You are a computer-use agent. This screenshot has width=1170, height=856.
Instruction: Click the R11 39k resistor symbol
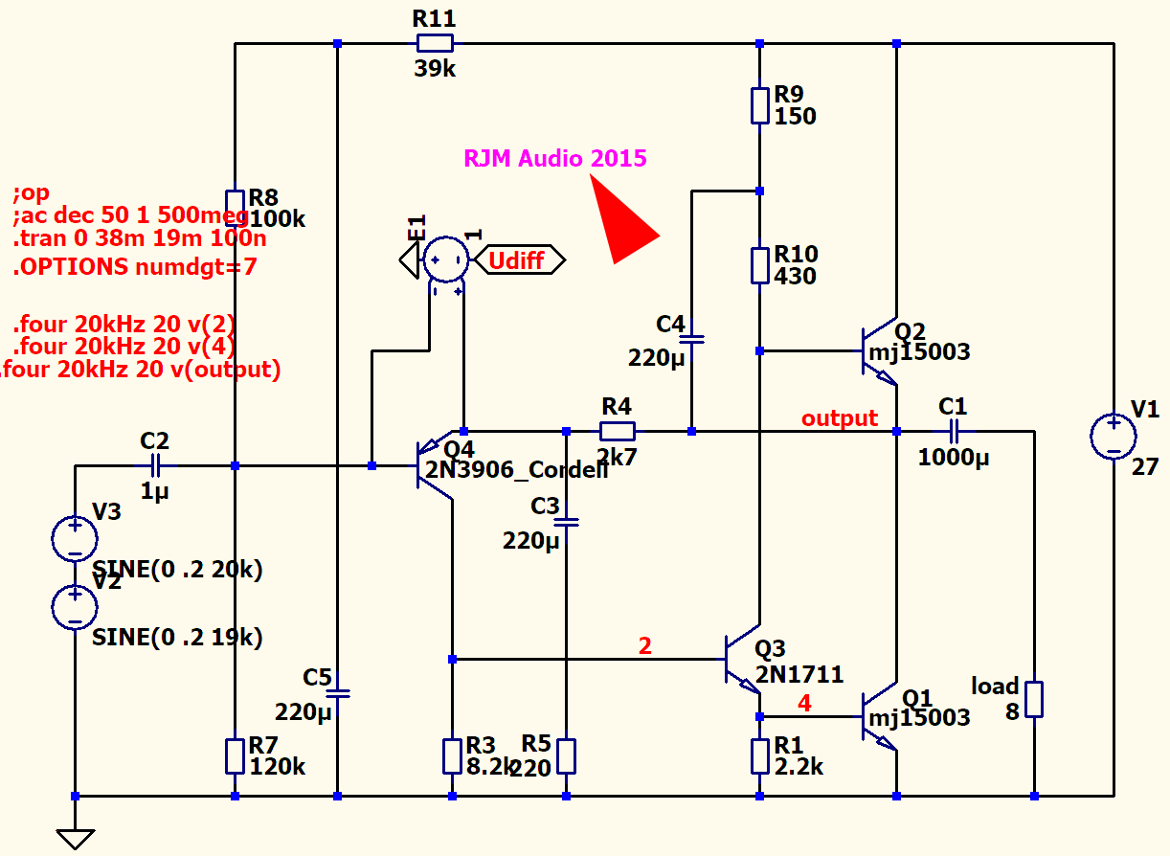(435, 43)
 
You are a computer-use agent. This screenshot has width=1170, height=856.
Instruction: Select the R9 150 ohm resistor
(759, 105)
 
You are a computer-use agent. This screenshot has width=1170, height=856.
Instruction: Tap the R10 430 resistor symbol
(759, 265)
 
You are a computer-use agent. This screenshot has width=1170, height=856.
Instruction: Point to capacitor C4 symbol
(691, 338)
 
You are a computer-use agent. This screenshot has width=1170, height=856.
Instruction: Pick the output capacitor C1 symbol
(953, 431)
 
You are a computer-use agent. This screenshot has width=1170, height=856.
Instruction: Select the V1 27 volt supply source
(1114, 436)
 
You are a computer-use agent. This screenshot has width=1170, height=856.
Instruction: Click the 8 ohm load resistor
(1034, 699)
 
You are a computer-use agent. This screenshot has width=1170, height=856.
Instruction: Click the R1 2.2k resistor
(759, 756)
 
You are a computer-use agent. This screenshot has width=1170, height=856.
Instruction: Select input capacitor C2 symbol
(156, 466)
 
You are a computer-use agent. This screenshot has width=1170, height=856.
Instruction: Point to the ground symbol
(75, 837)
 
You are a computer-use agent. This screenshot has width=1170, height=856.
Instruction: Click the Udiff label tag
(518, 259)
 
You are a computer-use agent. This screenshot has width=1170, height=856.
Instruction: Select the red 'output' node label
(839, 418)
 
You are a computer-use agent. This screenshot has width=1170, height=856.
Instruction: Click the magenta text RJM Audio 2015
(555, 159)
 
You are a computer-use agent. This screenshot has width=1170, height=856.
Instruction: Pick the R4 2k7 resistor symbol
(617, 431)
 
